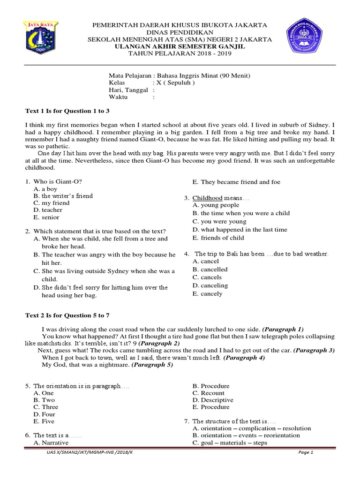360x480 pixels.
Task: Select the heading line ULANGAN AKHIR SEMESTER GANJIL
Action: (180, 46)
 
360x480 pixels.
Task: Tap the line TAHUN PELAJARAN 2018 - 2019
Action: (180, 53)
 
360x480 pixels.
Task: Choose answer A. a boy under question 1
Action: (45, 189)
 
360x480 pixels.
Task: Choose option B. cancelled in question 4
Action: (210, 270)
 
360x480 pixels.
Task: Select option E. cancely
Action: (208, 294)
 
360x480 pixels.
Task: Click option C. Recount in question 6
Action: (209, 393)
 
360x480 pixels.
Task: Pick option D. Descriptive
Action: (213, 400)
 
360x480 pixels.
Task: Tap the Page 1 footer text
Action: (305, 453)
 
